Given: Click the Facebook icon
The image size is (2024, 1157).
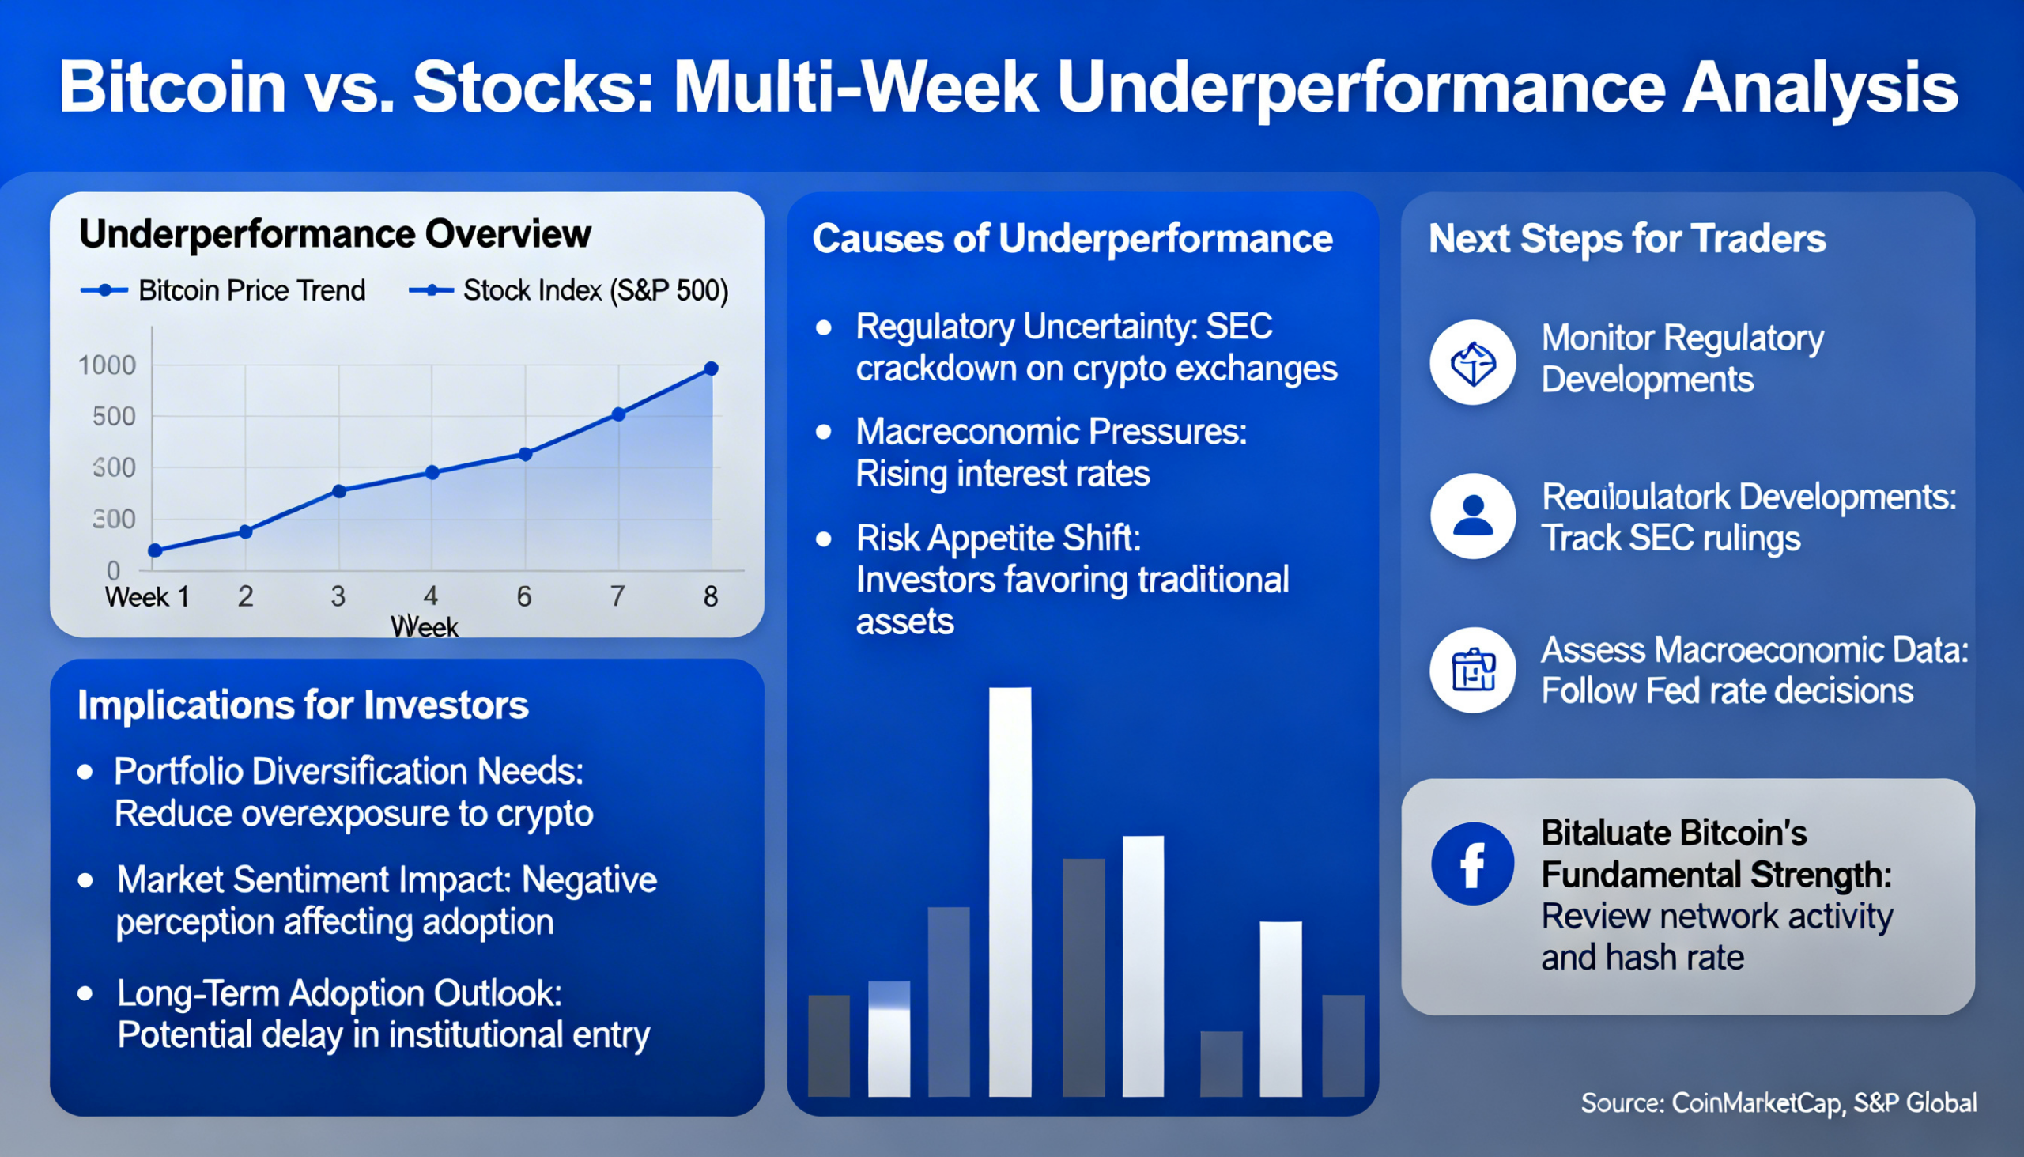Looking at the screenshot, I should click(1472, 863).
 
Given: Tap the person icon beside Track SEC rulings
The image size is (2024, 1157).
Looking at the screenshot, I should click(1472, 516).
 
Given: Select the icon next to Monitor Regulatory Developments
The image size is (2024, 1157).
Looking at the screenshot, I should click(1472, 362).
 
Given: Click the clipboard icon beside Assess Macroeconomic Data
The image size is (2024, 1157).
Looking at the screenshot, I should click(1472, 670).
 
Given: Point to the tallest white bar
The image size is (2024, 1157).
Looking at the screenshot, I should click(1010, 890).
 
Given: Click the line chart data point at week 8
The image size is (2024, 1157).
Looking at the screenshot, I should click(711, 369).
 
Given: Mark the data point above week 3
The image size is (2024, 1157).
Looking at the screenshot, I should click(339, 491).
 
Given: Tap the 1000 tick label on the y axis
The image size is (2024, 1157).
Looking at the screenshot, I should click(107, 365).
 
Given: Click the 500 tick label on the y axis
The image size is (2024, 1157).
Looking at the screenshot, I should click(114, 417).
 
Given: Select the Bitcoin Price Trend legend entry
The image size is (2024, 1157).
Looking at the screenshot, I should click(223, 291).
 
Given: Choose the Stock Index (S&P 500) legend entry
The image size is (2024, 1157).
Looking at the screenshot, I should click(568, 291).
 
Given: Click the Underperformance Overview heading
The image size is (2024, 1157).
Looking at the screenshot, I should click(334, 233).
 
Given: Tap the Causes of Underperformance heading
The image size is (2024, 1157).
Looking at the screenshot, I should click(1071, 239).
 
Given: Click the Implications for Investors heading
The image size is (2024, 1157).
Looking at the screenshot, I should click(303, 705).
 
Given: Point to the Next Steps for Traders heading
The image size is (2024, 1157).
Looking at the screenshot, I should click(1626, 239).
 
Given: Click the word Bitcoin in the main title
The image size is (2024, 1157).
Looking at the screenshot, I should click(172, 88).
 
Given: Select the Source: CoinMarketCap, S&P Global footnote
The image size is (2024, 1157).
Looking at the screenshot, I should click(1778, 1103).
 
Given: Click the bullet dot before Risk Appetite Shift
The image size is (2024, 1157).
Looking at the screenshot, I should click(824, 539).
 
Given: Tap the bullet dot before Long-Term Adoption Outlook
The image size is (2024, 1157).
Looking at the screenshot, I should click(86, 994).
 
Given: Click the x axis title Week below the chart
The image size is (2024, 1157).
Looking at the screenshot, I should click(424, 627).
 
